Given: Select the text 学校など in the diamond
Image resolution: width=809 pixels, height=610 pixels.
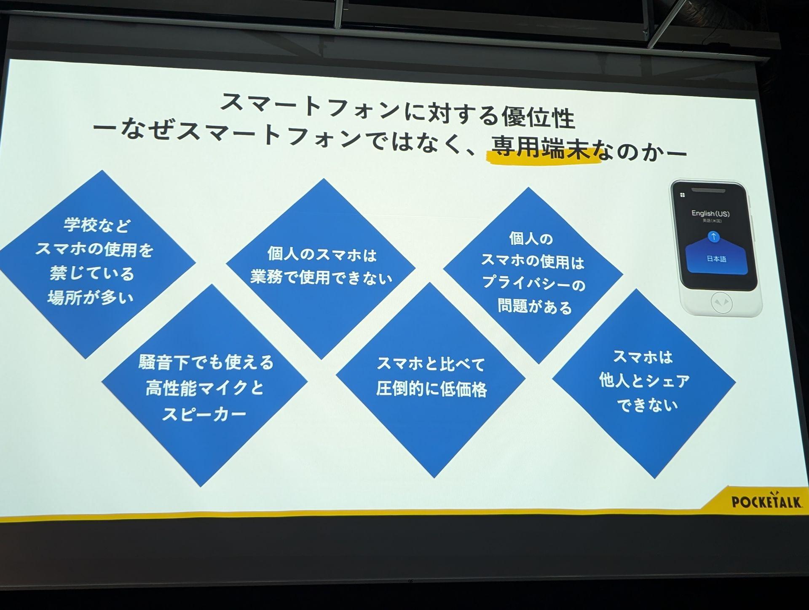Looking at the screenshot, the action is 97,225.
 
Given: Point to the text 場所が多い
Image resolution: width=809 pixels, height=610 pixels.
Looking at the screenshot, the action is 91,298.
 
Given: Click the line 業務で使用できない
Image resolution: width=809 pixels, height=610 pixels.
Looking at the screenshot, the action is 321,278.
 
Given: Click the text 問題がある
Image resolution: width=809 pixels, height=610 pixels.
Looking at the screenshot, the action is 535,307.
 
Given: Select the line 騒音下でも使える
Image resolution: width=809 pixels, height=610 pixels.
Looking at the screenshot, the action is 206,362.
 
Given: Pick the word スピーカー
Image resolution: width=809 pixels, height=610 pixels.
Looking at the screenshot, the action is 204,414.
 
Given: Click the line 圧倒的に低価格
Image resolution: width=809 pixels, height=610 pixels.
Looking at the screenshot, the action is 431,389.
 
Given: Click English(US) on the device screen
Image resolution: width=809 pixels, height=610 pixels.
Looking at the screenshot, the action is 710,213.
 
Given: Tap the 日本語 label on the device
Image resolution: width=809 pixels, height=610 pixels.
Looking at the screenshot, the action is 717,259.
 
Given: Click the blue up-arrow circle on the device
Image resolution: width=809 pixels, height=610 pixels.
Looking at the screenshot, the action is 713,237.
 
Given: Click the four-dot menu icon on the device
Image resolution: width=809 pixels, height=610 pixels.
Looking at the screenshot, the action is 683,195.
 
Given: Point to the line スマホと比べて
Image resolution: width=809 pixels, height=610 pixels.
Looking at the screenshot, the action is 431,364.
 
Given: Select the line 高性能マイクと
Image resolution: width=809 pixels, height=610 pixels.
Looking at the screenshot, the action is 205,388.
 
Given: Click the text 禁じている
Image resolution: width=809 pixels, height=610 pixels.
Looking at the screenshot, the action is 92,273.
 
